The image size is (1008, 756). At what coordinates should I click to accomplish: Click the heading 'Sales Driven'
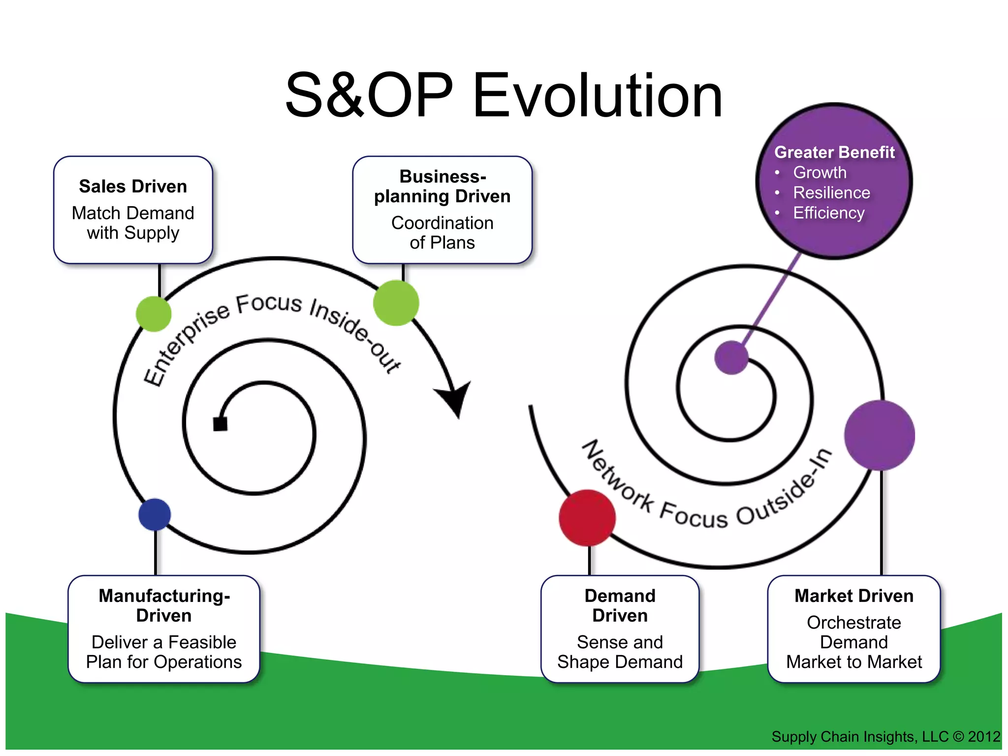click(133, 187)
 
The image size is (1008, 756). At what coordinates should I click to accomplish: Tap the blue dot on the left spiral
click(155, 514)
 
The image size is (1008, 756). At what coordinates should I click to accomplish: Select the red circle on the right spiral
click(587, 518)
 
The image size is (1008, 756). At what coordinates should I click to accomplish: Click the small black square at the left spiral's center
click(220, 424)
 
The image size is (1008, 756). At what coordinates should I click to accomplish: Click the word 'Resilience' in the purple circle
click(831, 192)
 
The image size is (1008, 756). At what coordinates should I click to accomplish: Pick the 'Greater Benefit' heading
click(834, 152)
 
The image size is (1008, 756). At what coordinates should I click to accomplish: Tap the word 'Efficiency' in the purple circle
click(828, 213)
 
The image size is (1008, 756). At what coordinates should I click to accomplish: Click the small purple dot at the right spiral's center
click(731, 358)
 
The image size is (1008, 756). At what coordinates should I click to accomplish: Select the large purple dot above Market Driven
click(880, 435)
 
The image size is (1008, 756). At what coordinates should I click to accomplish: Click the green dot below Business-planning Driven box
click(396, 303)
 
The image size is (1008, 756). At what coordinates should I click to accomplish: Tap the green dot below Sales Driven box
click(154, 314)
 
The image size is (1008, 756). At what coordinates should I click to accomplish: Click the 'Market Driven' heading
click(854, 596)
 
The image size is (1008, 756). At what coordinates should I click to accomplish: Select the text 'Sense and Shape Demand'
click(620, 652)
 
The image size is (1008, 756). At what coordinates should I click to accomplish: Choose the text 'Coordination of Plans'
click(442, 233)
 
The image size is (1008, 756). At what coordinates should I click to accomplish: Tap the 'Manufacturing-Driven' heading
click(164, 606)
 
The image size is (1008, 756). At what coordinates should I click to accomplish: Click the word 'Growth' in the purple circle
click(819, 172)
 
